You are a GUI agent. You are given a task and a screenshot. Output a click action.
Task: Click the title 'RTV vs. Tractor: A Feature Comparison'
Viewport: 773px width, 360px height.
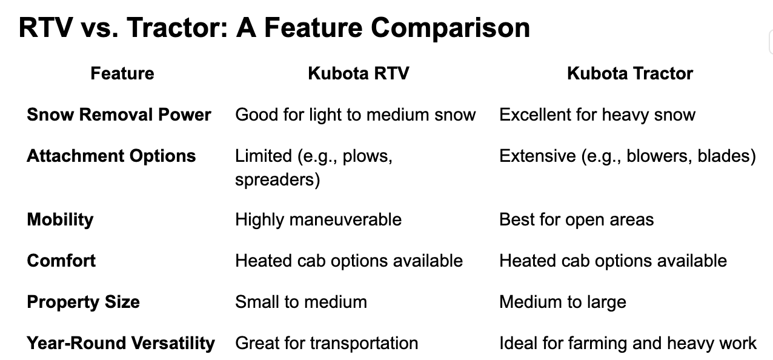pyautogui.click(x=274, y=28)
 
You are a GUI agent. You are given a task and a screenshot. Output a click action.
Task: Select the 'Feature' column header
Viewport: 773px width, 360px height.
pyautogui.click(x=122, y=74)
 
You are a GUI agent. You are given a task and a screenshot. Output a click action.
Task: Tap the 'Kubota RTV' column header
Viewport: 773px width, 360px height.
pyautogui.click(x=359, y=74)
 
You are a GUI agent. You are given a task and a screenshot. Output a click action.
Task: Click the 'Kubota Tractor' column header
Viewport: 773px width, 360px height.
pyautogui.click(x=629, y=74)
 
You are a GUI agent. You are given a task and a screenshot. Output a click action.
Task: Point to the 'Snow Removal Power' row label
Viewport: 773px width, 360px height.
pyautogui.click(x=119, y=115)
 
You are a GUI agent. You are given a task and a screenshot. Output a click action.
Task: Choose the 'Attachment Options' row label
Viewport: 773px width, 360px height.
pyautogui.click(x=111, y=156)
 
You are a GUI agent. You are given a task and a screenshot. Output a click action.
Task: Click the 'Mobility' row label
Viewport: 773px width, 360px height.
pyautogui.click(x=60, y=219)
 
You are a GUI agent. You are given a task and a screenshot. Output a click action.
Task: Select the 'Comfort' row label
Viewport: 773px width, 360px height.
pyautogui.click(x=61, y=261)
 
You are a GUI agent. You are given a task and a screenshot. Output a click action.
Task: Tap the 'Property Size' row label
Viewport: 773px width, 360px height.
pyautogui.click(x=83, y=302)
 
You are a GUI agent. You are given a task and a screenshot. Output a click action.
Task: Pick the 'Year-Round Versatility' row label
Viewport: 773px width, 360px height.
pyautogui.click(x=121, y=343)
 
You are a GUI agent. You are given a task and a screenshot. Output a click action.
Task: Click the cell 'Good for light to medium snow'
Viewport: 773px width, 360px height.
pyautogui.click(x=355, y=115)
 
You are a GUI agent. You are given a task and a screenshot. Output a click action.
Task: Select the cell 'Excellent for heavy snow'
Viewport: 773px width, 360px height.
pyautogui.click(x=597, y=115)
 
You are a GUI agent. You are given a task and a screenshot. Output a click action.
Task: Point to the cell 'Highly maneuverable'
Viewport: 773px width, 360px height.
pyautogui.click(x=318, y=219)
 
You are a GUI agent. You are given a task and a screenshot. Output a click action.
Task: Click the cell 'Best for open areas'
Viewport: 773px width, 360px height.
pyautogui.click(x=576, y=219)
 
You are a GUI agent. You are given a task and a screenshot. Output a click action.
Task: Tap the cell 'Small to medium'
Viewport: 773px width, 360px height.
pyautogui.click(x=300, y=302)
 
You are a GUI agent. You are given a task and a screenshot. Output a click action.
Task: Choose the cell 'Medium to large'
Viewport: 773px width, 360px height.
pyautogui.click(x=562, y=302)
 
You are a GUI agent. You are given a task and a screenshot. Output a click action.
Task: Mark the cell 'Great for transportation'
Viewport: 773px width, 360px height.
pyautogui.click(x=327, y=343)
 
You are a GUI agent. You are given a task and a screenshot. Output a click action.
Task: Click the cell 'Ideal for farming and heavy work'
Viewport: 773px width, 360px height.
pyautogui.click(x=628, y=343)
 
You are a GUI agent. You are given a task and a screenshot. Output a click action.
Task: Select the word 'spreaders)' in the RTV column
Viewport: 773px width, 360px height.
pyautogui.click(x=277, y=180)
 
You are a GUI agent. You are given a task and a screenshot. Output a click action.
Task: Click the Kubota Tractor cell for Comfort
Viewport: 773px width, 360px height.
pyautogui.click(x=612, y=261)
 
